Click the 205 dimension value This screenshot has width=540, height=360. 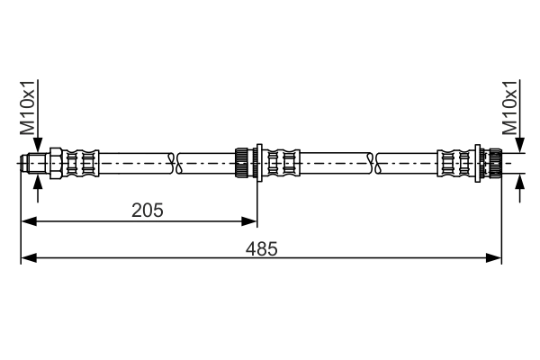(x=147, y=211)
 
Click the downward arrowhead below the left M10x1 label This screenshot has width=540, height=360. (x=37, y=147)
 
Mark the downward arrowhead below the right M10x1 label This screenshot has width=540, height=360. (x=519, y=147)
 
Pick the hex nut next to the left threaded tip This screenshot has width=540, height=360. (x=57, y=163)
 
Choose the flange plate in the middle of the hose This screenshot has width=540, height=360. (x=258, y=163)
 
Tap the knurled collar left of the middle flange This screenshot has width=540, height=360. (x=244, y=163)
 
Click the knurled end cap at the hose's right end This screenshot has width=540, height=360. (x=492, y=163)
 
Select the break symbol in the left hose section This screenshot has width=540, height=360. (x=175, y=163)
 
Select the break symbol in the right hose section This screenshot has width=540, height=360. (x=373, y=163)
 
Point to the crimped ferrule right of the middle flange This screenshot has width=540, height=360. (x=287, y=163)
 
